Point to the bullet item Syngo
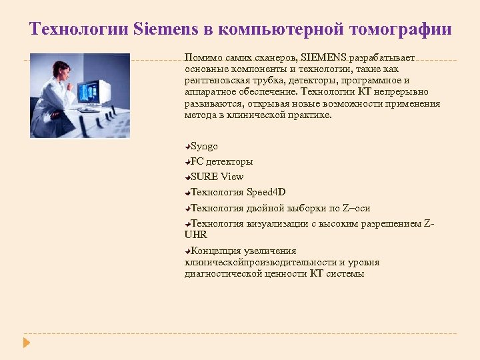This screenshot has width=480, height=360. tap(204, 146)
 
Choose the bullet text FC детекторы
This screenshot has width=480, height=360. tap(221, 161)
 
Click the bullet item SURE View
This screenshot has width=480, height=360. tap(217, 177)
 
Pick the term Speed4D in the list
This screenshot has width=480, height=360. tap(266, 192)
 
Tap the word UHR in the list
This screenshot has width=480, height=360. tap(196, 235)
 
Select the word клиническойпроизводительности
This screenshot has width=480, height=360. tap(260, 262)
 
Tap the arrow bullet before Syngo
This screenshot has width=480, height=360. tap(188, 146)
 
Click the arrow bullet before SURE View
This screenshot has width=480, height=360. tap(188, 177)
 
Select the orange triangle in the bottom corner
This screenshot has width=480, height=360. tap(26, 343)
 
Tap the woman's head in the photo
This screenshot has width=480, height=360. tap(61, 69)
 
